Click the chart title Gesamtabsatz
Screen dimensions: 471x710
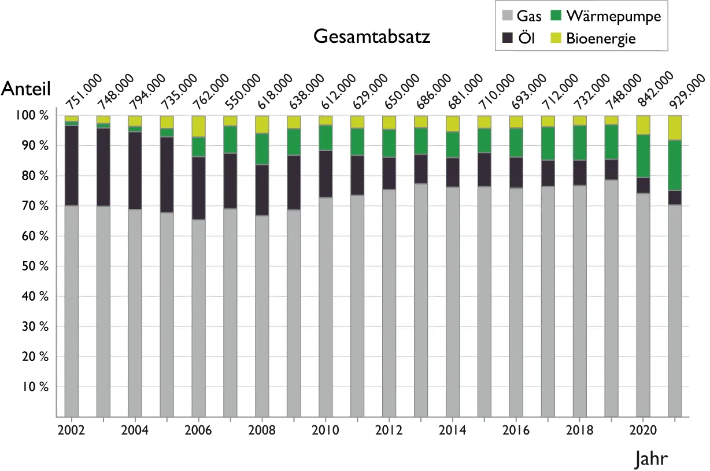[372, 37]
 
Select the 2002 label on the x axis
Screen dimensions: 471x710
[71, 430]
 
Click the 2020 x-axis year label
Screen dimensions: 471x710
[643, 430]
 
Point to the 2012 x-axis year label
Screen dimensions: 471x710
[389, 430]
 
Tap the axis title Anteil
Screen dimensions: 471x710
[27, 89]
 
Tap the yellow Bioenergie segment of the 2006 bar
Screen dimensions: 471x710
[199, 126]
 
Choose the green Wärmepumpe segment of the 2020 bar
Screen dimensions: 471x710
[643, 156]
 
